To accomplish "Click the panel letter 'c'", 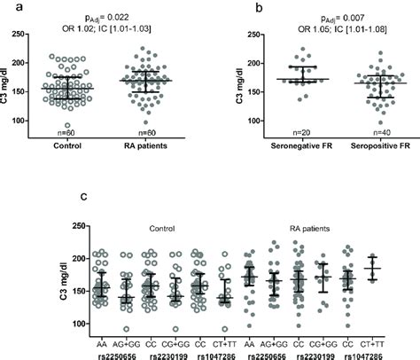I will (83, 196).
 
